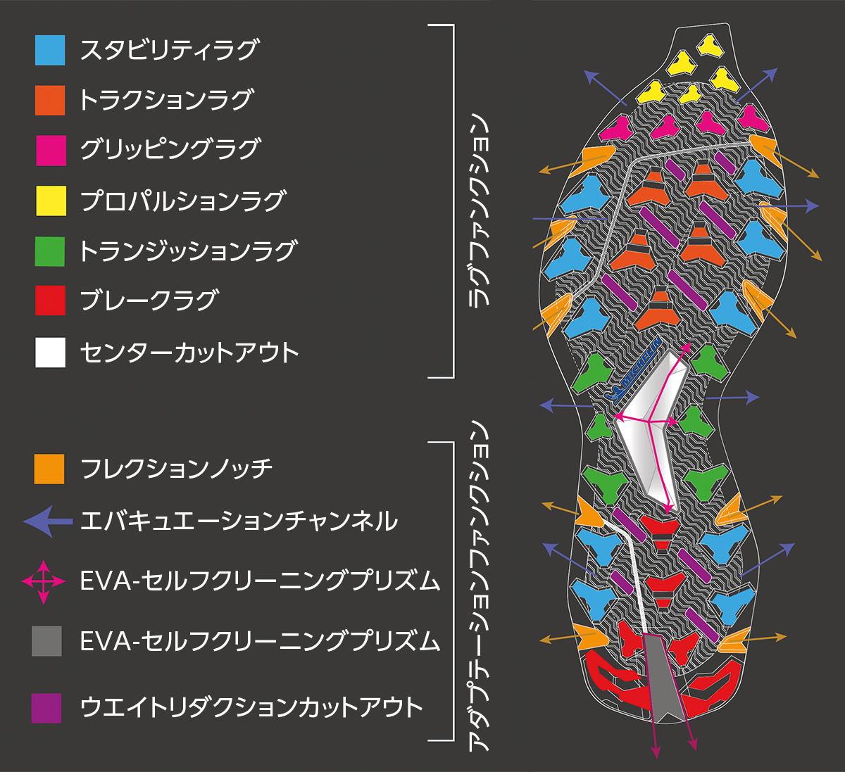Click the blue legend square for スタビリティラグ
[50, 51]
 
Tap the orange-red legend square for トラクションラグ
[50, 100]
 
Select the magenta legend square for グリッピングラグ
[51, 151]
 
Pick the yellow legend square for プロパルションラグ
[51, 201]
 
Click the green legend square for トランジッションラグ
[50, 251]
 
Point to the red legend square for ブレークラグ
[50, 300]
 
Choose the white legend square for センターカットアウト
[50, 353]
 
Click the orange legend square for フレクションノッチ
[49, 469]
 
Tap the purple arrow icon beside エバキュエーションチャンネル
[47, 521]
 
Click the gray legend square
[47, 641]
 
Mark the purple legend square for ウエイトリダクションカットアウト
[46, 708]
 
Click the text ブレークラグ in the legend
[149, 300]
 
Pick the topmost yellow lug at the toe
[709, 46]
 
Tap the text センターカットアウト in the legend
[189, 353]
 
